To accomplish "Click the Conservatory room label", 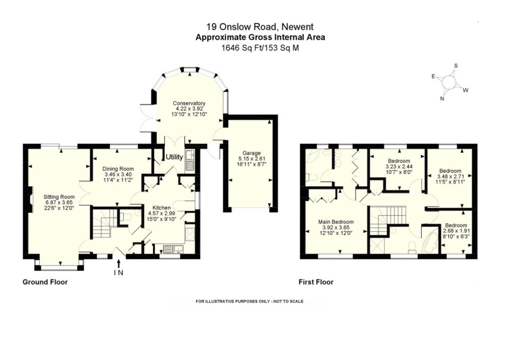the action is [189, 103].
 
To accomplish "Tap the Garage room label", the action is [251, 153].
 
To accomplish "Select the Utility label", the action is [174, 157].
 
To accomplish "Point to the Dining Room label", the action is [118, 169].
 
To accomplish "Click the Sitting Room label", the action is [59, 197].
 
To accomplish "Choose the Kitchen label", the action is [162, 208].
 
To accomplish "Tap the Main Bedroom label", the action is [336, 222].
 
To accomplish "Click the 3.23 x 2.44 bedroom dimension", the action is [399, 166].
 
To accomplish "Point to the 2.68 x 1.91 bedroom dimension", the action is [456, 231].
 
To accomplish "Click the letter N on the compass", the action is [442, 99].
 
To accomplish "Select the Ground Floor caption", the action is [45, 282].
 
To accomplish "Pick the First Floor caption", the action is [316, 282].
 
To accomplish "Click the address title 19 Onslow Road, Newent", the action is [260, 27].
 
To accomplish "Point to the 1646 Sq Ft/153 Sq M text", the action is [260, 48].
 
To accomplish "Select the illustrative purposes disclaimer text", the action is [250, 301].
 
